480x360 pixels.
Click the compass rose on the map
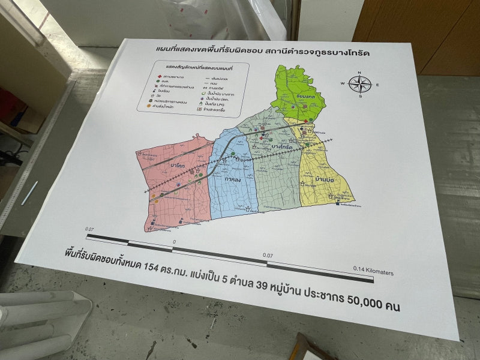click(x=360, y=84)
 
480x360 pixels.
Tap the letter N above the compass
click(x=359, y=73)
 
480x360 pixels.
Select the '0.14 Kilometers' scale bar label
click(x=373, y=271)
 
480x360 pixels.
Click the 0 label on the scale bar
click(x=174, y=241)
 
